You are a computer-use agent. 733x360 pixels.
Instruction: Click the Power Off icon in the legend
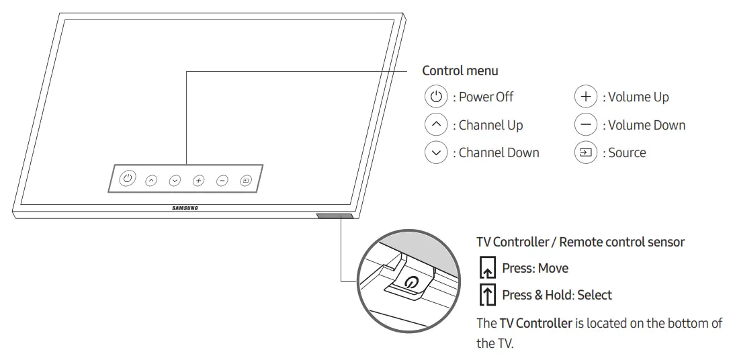pyautogui.click(x=436, y=97)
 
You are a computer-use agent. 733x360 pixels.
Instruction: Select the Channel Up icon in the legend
pyautogui.click(x=436, y=125)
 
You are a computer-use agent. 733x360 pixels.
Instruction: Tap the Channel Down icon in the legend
pyautogui.click(x=436, y=152)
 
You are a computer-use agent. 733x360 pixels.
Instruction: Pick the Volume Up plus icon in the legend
pyautogui.click(x=586, y=97)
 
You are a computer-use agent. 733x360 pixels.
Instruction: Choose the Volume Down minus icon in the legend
pyautogui.click(x=586, y=125)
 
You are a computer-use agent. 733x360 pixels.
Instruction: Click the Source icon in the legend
pyautogui.click(x=586, y=152)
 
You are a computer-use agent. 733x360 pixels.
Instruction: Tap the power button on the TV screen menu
pyautogui.click(x=128, y=179)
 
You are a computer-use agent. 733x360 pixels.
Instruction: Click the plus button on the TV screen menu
pyautogui.click(x=198, y=180)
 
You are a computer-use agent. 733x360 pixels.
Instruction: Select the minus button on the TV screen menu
pyautogui.click(x=222, y=180)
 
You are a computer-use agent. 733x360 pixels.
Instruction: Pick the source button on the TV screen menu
pyautogui.click(x=246, y=180)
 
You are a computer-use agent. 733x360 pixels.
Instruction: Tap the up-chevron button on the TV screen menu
pyautogui.click(x=151, y=180)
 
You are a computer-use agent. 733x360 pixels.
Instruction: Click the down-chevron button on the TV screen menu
pyautogui.click(x=175, y=180)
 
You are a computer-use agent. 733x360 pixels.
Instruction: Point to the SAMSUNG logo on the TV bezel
pyautogui.click(x=185, y=208)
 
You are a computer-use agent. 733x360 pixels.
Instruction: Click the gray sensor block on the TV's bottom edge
pyautogui.click(x=333, y=216)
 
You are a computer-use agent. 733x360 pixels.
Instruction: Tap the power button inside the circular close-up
pyautogui.click(x=411, y=283)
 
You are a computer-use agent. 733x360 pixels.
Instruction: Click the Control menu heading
pyautogui.click(x=460, y=71)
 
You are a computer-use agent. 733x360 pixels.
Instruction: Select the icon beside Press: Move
pyautogui.click(x=486, y=268)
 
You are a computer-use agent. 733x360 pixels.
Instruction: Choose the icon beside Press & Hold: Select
pyautogui.click(x=486, y=295)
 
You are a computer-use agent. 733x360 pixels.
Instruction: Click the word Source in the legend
pyautogui.click(x=627, y=152)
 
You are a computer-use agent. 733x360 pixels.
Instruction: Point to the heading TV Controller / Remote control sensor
pyautogui.click(x=580, y=242)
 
